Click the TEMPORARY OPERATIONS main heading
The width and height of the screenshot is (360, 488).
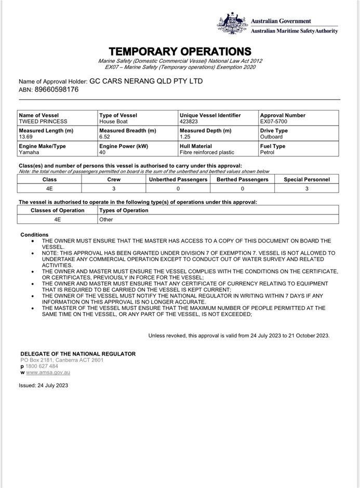[180, 51]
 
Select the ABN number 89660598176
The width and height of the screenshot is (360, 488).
[57, 89]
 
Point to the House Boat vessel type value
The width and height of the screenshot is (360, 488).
[113, 121]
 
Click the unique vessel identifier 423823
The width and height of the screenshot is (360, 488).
[189, 121]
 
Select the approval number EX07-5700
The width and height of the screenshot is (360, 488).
[273, 121]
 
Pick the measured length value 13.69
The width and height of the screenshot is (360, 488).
[26, 137]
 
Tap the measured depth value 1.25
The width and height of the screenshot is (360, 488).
[185, 137]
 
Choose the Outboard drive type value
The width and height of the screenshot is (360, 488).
[271, 137]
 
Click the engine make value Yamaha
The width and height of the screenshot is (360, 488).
[29, 153]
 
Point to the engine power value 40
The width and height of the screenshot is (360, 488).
[102, 153]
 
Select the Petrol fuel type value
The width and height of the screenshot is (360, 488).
[268, 153]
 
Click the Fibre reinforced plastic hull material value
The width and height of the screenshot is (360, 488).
[207, 153]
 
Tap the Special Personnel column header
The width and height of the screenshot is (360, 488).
[306, 180]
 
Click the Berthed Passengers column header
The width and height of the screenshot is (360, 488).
[243, 180]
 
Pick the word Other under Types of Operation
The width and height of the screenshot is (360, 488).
[106, 220]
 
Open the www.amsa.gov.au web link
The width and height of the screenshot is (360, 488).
[48, 372]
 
